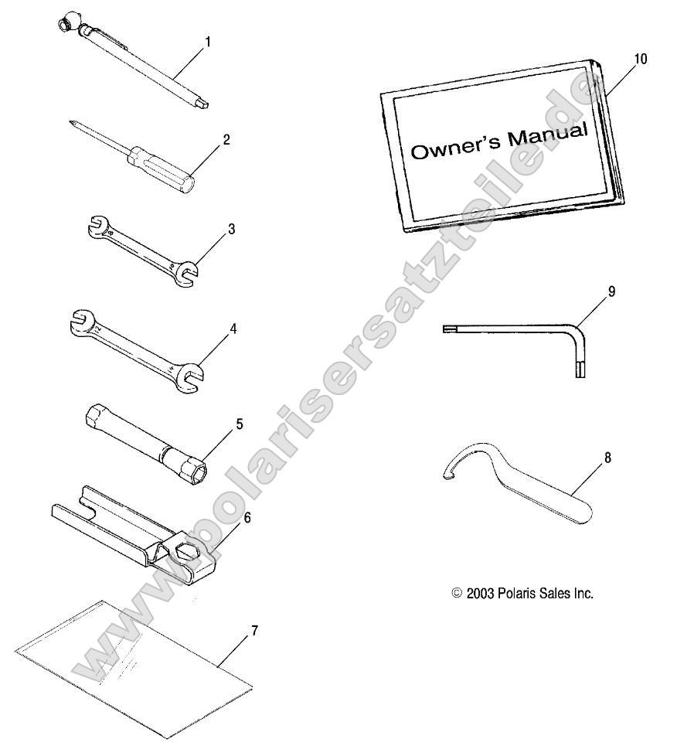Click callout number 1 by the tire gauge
[x=207, y=43]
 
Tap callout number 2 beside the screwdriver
[x=226, y=139]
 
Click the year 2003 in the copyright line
[x=481, y=594]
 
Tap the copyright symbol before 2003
[x=457, y=593]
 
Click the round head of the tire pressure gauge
[x=63, y=24]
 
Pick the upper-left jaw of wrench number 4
[x=82, y=322]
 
